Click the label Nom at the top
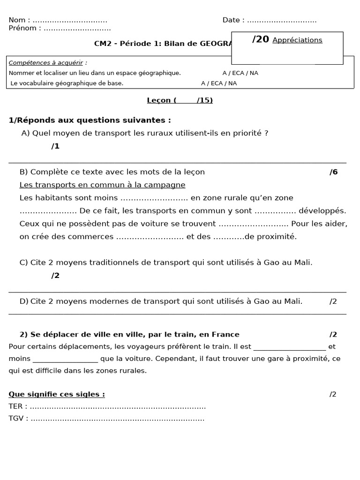click(x=17, y=20)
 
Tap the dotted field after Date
click(x=282, y=21)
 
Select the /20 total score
click(x=261, y=39)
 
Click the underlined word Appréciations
click(x=297, y=40)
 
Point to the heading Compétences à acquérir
click(x=48, y=63)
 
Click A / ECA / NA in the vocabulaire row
click(x=219, y=83)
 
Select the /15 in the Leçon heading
click(x=204, y=100)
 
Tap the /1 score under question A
click(x=55, y=146)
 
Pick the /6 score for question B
click(x=333, y=172)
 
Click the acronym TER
click(x=16, y=406)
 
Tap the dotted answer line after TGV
click(x=117, y=419)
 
